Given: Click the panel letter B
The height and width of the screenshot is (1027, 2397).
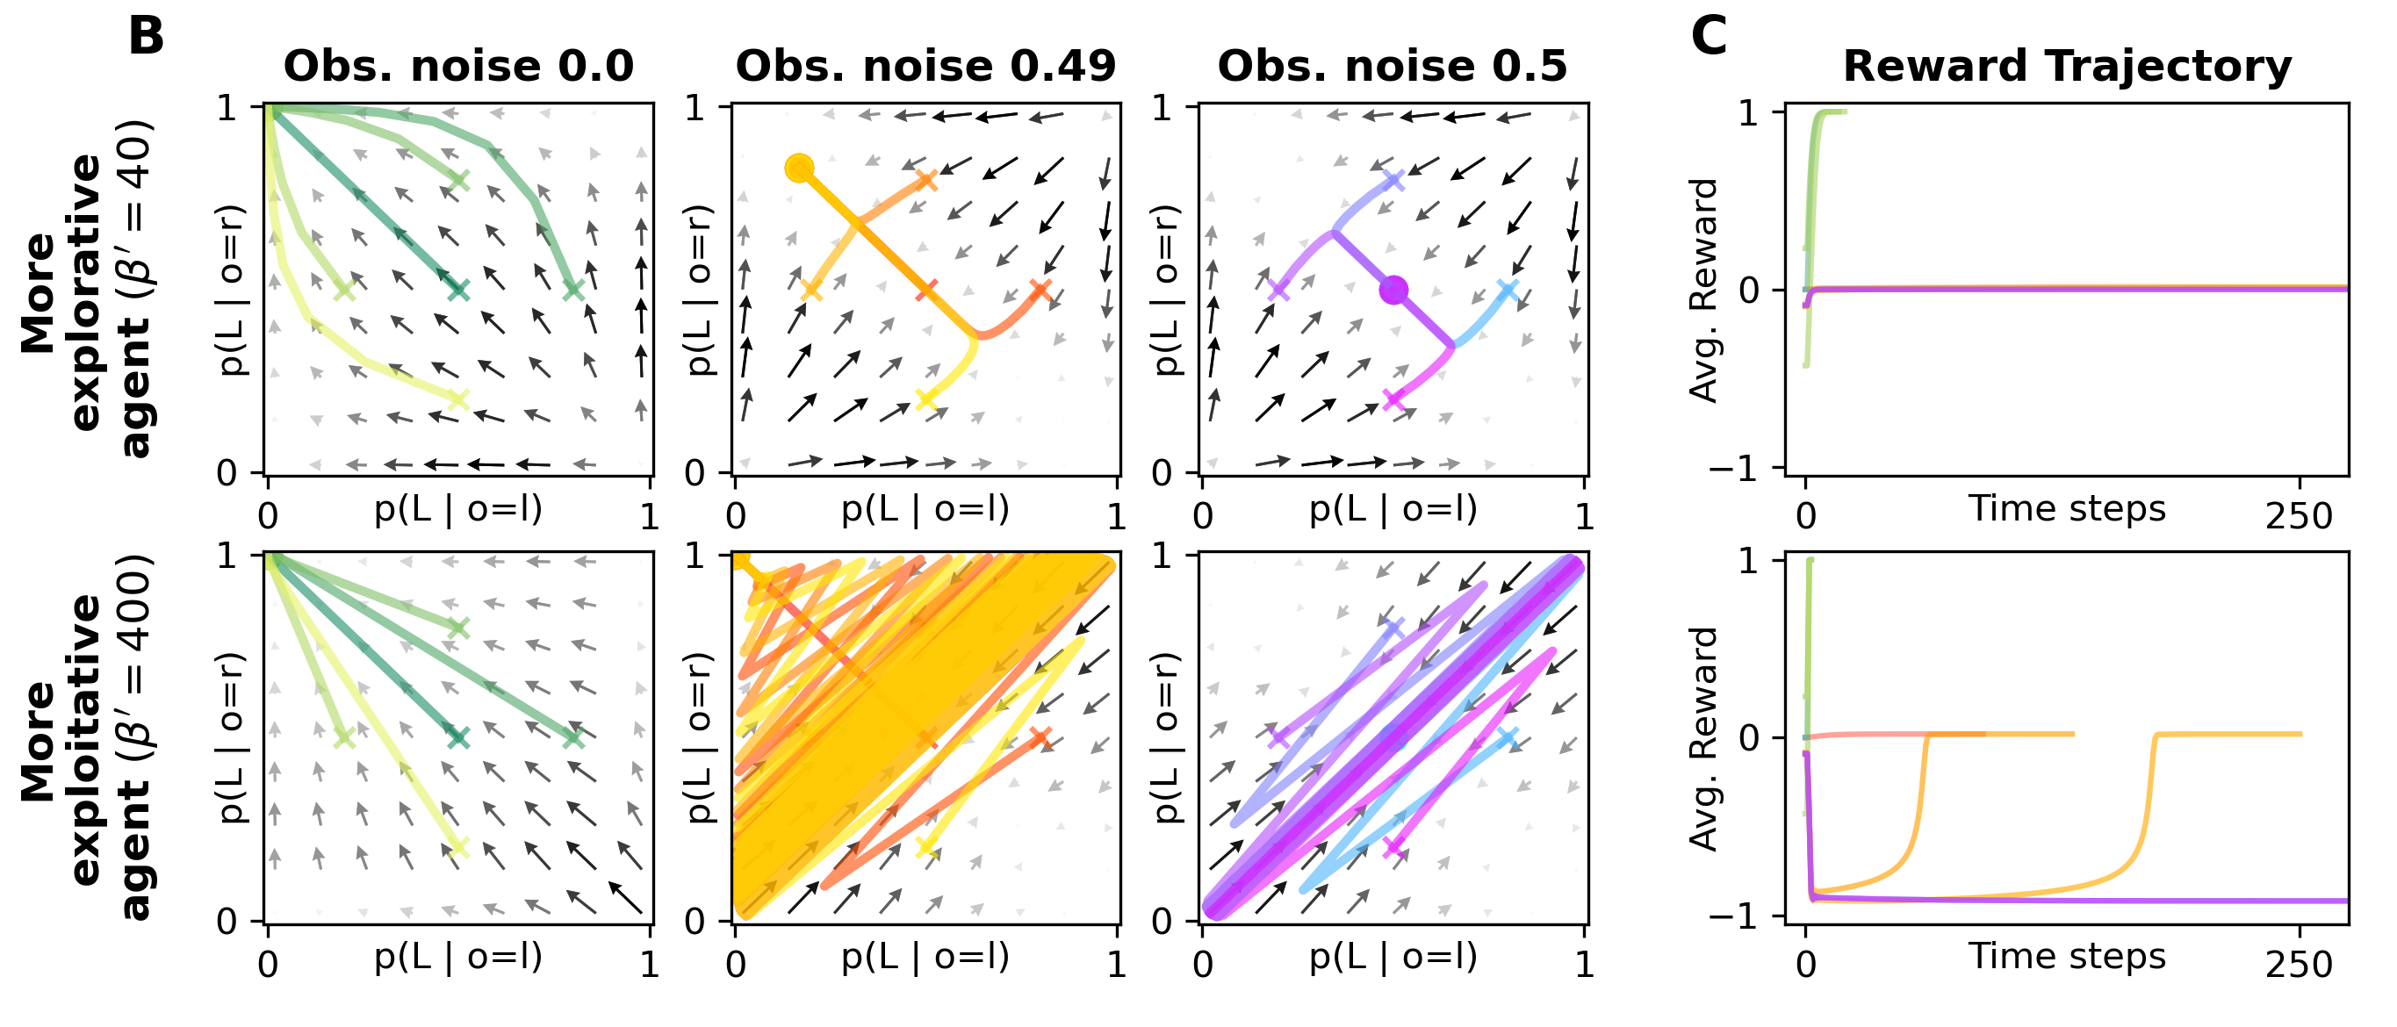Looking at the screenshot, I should point(146,37).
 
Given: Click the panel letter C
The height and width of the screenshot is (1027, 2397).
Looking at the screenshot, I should point(1709,37).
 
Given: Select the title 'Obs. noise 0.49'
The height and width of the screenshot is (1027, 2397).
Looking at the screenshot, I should point(925,67).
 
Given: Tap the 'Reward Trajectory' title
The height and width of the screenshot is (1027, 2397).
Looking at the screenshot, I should point(2067,67).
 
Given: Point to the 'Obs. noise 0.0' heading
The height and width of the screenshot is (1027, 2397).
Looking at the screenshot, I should point(457,67).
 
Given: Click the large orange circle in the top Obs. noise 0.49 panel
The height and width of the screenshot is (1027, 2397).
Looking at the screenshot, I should point(799,169).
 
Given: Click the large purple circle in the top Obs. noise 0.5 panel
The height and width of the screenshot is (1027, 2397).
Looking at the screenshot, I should point(1393,291).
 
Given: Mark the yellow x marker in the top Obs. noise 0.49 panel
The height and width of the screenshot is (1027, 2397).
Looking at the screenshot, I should point(925,400).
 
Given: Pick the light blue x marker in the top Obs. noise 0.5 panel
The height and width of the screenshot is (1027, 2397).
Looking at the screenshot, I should point(1508,291).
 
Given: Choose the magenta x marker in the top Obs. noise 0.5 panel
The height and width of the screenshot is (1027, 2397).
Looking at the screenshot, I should point(1393,400).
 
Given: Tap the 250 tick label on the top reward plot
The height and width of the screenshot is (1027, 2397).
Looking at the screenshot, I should point(2299,516).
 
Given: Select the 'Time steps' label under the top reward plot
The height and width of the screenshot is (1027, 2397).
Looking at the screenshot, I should point(2067,509).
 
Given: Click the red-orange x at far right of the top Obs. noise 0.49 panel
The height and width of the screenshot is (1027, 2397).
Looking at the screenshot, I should point(1040,291).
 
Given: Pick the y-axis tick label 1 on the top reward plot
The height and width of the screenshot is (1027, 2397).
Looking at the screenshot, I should point(1748,113).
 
